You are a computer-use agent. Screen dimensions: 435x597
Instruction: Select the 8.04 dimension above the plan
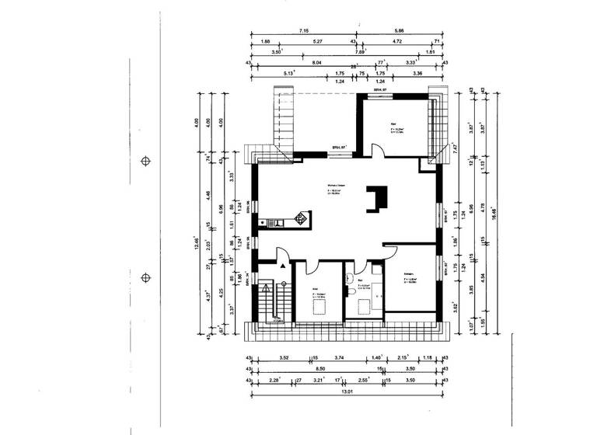pos(316,63)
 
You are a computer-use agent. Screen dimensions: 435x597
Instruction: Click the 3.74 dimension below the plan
pos(339,358)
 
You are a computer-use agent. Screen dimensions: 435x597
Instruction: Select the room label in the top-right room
pos(395,125)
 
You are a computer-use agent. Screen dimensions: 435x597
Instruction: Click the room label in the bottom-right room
pos(410,276)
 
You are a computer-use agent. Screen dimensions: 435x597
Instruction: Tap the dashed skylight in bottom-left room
pos(319,305)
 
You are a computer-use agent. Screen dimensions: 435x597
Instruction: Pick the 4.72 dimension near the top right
pos(396,41)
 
